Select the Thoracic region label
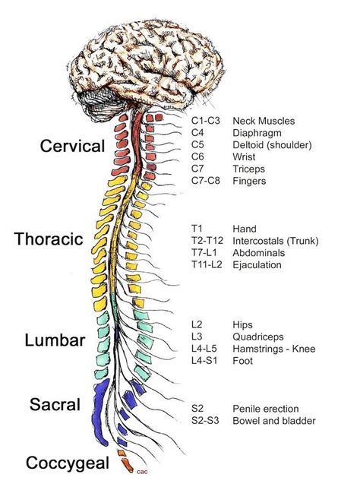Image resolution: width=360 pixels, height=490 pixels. [48, 239]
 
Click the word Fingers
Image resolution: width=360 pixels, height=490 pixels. [252, 181]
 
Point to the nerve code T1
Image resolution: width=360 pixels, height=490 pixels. [197, 229]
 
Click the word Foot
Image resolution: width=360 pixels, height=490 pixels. [243, 361]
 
